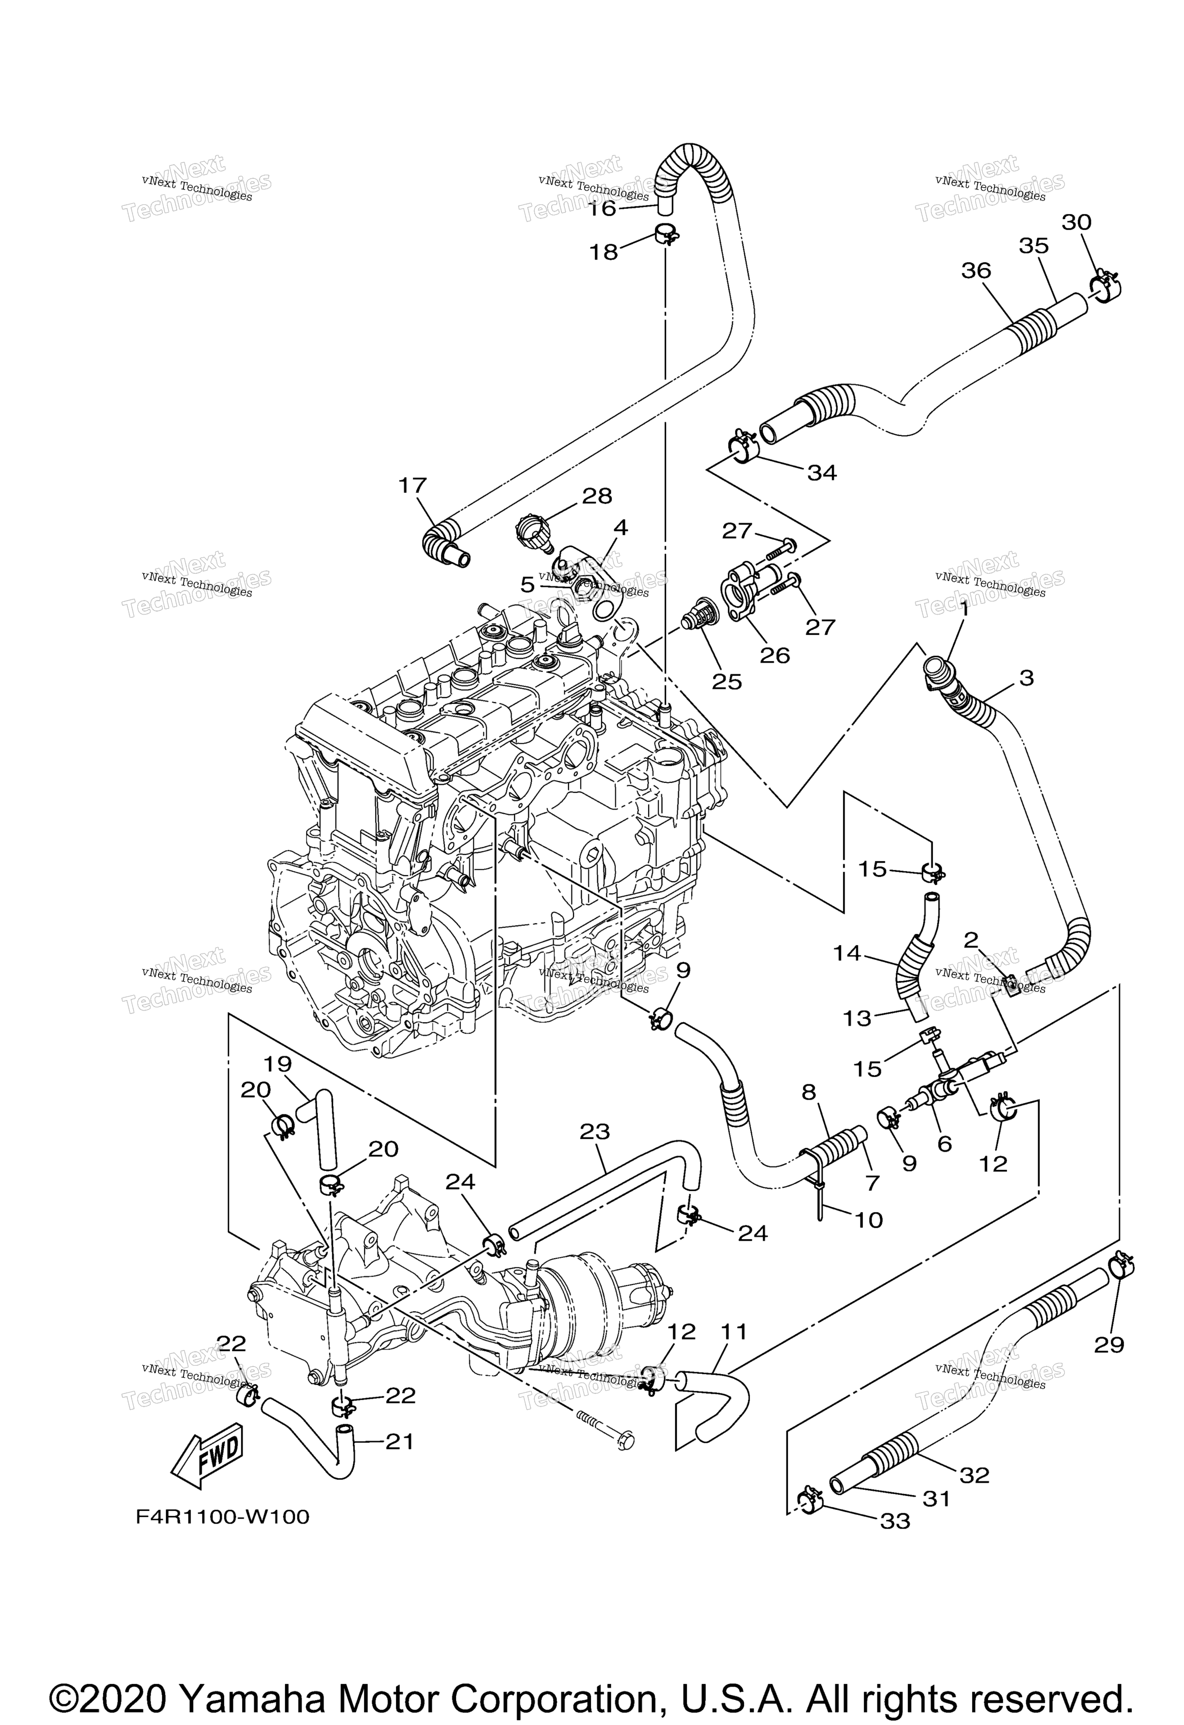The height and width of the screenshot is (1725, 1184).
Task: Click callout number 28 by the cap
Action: click(597, 496)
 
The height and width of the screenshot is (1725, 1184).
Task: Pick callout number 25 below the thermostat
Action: click(727, 681)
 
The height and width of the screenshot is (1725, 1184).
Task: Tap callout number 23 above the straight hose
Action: click(595, 1132)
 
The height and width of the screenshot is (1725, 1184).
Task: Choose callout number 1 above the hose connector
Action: click(964, 610)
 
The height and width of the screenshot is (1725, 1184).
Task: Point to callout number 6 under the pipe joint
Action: click(944, 1144)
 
